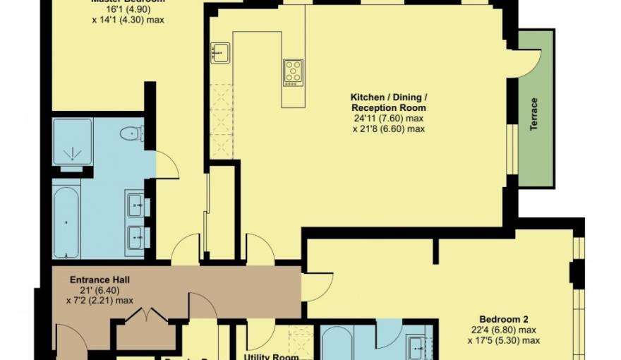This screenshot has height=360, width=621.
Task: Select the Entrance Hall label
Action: pyautogui.click(x=100, y=280)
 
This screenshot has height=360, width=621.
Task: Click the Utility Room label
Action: pyautogui.click(x=271, y=356)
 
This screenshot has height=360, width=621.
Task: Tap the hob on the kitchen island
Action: pyautogui.click(x=293, y=71)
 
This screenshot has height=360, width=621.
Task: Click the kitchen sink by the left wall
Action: pyautogui.click(x=219, y=52)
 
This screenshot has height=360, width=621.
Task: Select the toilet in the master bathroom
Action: pyautogui.click(x=131, y=133)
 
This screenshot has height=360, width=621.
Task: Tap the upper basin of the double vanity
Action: pyautogui.click(x=136, y=205)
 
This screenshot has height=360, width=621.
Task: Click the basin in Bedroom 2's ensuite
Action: pyautogui.click(x=417, y=346)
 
